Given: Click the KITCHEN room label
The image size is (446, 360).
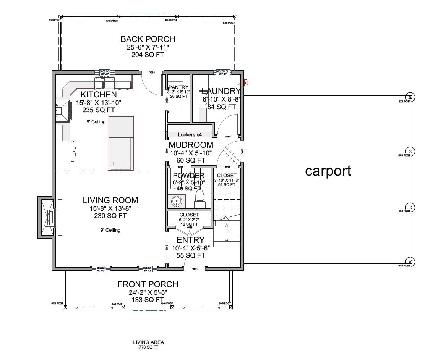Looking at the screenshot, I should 98,94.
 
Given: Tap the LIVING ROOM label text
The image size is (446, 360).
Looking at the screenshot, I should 110,200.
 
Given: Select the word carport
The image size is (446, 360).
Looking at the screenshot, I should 328,171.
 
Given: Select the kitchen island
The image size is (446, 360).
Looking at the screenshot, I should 121,143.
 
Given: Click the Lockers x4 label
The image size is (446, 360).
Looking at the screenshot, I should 190,135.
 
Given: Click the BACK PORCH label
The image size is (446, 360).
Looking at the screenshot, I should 148,39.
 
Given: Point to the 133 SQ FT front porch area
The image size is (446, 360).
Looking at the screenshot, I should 148,300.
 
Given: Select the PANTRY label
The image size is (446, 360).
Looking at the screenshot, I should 179,87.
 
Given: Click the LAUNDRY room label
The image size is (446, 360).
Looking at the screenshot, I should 221,91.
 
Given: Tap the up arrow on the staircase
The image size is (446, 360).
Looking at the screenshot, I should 227,228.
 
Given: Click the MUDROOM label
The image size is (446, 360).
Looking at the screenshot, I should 191,145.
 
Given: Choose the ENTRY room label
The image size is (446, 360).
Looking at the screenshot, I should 190,240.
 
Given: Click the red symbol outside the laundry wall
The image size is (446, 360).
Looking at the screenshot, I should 247,82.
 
